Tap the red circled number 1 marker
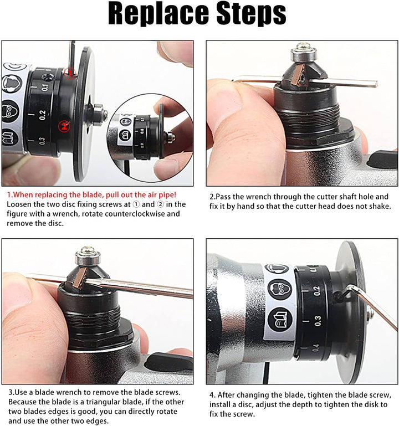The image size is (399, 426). coord(70,73)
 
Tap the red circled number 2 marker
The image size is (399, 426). coord(64,126)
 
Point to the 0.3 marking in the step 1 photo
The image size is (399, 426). coord(42,141)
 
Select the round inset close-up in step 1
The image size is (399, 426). coord(150,138)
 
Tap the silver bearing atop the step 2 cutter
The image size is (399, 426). coord(304,54)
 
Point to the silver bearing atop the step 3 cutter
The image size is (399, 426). coord(88,256)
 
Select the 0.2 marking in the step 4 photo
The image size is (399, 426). coord(316,291)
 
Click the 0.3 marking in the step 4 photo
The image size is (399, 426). coord(318,321)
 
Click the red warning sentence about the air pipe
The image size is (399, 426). coord(91,194)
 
